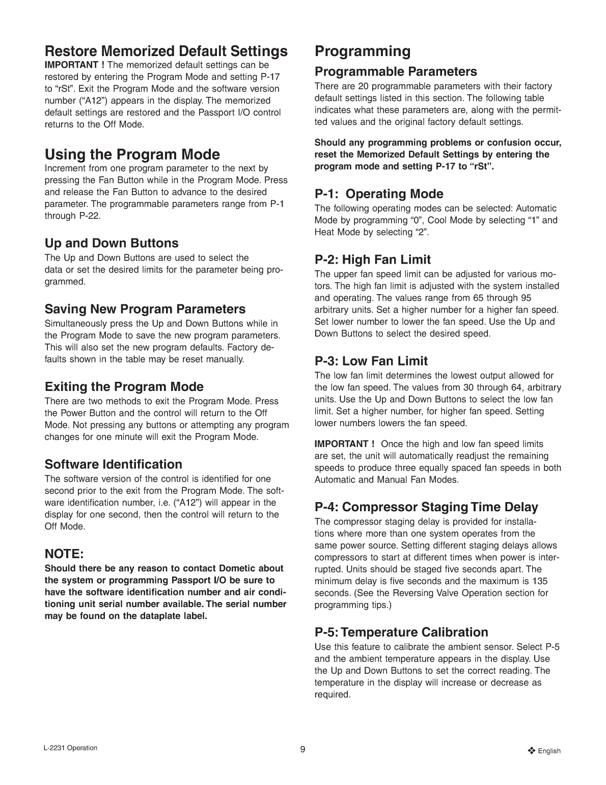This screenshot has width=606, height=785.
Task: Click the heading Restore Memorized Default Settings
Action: click(x=166, y=51)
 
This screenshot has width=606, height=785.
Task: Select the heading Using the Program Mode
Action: click(x=132, y=154)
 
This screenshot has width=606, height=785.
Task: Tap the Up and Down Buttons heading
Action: click(x=112, y=243)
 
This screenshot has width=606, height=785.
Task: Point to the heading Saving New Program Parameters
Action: click(x=145, y=309)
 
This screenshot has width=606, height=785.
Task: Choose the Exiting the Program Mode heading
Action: click(x=124, y=386)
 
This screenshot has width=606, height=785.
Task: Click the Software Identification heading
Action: click(x=113, y=464)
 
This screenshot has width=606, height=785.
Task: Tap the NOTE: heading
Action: click(x=64, y=554)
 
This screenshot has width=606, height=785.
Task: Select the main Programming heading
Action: click(x=363, y=51)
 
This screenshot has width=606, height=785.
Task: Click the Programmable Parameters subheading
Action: click(x=396, y=71)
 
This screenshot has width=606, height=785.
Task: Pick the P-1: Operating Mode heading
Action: click(x=379, y=194)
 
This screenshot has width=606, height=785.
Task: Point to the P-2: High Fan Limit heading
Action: click(x=373, y=259)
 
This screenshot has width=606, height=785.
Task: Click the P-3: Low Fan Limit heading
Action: click(x=371, y=361)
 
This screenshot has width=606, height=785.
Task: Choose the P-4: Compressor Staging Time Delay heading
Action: click(x=426, y=507)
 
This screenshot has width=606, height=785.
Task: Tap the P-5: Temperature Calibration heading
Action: click(x=401, y=632)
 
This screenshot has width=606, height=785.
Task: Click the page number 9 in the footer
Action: click(x=302, y=749)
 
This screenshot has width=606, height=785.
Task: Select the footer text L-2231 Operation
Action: click(x=71, y=748)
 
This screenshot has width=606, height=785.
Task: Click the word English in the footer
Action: click(x=549, y=751)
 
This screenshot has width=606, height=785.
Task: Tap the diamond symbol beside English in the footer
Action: click(x=532, y=750)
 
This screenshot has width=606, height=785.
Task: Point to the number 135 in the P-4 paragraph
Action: click(x=541, y=581)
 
